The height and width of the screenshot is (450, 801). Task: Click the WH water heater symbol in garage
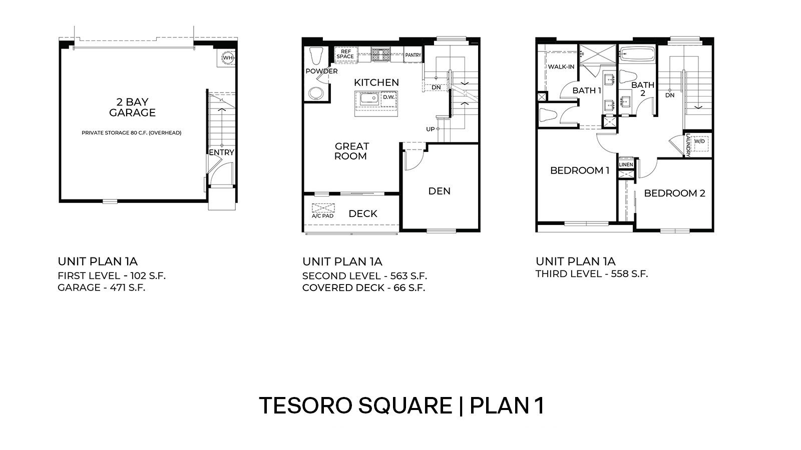pyautogui.click(x=228, y=58)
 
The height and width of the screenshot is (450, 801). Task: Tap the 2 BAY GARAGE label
pyautogui.click(x=132, y=107)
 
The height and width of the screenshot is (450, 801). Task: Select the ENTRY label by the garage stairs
pyautogui.click(x=221, y=152)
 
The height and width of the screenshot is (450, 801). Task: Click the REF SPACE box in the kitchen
pyautogui.click(x=345, y=54)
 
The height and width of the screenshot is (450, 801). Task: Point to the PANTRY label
pyautogui.click(x=413, y=55)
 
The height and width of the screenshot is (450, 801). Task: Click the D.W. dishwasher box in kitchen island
pyautogui.click(x=388, y=97)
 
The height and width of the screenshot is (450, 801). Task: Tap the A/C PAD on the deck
pyautogui.click(x=323, y=210)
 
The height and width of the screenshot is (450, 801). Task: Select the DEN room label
pyautogui.click(x=439, y=191)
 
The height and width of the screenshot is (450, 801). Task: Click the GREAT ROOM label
pyautogui.click(x=351, y=151)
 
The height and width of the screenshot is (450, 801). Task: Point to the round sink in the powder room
pyautogui.click(x=316, y=93)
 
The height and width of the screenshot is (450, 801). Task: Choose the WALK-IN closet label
pyautogui.click(x=561, y=66)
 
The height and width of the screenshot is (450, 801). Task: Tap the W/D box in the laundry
pyautogui.click(x=699, y=141)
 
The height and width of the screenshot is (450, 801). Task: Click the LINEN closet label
pyautogui.click(x=626, y=164)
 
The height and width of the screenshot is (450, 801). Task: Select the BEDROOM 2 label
pyautogui.click(x=674, y=193)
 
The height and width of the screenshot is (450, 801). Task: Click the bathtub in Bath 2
pyautogui.click(x=637, y=54)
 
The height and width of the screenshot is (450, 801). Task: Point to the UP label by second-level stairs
pyautogui.click(x=430, y=129)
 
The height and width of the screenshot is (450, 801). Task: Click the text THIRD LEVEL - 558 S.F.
pyautogui.click(x=591, y=274)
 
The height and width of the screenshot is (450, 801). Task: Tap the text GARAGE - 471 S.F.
pyautogui.click(x=101, y=287)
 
